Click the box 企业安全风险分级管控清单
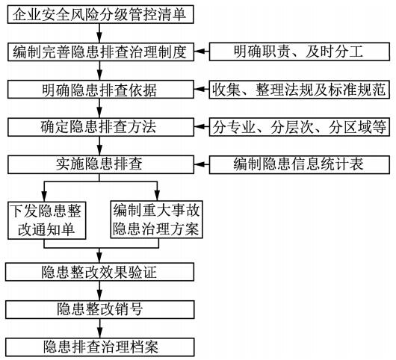click(101, 14)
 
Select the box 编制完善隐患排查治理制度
click(101, 52)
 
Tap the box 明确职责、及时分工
click(299, 52)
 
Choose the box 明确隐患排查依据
click(101, 89)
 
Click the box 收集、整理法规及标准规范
click(299, 89)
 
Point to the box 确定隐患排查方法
click(101, 126)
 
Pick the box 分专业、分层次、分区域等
click(299, 126)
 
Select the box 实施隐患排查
click(101, 164)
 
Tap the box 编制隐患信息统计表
click(299, 164)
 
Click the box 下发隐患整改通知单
click(47, 218)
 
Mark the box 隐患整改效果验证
click(101, 271)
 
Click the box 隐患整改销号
click(101, 308)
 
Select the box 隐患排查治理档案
click(101, 346)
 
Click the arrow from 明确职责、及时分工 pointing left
click(202, 52)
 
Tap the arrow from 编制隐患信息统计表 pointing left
click(202, 164)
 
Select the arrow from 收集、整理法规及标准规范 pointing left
click(202, 89)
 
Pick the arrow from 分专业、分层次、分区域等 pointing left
click(202, 126)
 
